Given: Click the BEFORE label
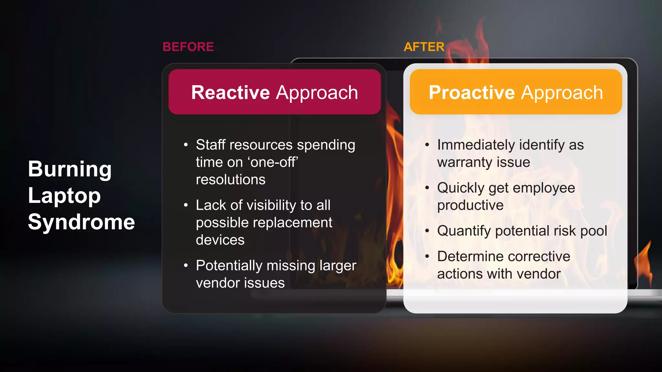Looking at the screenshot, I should point(188,47).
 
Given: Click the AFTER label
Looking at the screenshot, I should point(424,47).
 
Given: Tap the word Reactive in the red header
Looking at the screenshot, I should point(230,93).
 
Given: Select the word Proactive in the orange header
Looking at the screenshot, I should point(472,93).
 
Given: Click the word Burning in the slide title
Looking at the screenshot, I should point(70,169).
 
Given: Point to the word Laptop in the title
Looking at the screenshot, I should point(64,196).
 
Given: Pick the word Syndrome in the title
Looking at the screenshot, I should point(81,222).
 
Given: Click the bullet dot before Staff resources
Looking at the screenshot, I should point(186,145).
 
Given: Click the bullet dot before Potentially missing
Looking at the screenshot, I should point(186,266).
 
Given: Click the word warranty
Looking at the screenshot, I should point(464,162).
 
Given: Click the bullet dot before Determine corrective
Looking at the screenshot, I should point(427,257).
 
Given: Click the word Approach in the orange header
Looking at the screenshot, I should point(562,93).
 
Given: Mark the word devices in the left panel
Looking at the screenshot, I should point(220,240).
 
